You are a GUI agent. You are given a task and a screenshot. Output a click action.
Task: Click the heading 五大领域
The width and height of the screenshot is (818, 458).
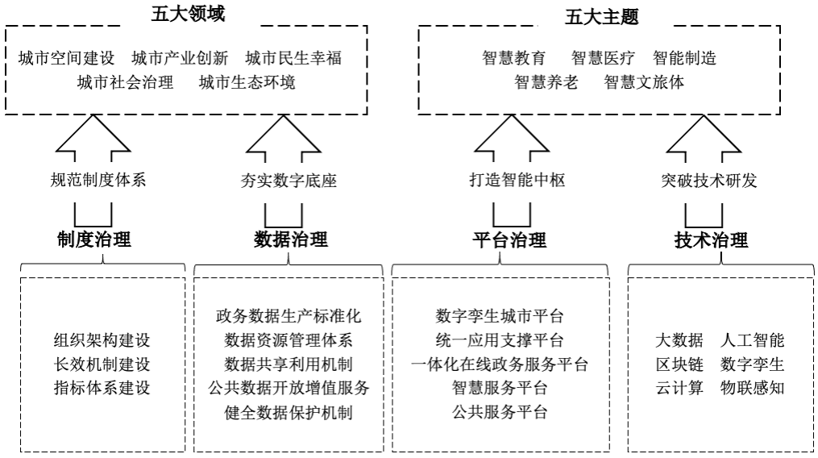coord(189,14)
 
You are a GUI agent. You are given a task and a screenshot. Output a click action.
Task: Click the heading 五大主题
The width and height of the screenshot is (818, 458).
coord(602,17)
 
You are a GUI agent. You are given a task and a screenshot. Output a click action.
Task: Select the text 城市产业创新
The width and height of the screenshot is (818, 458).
coord(180,58)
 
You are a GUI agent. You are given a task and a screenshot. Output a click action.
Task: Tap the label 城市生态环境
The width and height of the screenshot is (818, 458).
coord(247,82)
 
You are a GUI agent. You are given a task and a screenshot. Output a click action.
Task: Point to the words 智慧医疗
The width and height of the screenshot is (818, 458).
coord(603,58)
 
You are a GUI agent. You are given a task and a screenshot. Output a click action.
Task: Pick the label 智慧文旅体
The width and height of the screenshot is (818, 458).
coord(644,82)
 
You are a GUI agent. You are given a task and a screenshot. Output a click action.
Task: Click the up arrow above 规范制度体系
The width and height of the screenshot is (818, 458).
coord(93,138)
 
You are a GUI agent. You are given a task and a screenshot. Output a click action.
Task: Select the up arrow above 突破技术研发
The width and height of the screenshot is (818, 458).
coord(704,138)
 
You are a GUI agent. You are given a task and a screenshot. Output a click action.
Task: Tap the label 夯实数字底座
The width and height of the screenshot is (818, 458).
coord(289,181)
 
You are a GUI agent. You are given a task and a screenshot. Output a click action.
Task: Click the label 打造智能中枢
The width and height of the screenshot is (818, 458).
coord(517,180)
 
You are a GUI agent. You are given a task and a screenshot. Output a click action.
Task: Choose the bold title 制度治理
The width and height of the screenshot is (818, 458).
coord(94,239)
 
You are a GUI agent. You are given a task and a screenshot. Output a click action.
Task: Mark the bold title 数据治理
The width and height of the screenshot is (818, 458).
coord(291,239)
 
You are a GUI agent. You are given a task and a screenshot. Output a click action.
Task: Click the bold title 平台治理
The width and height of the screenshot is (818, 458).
coord(509,239)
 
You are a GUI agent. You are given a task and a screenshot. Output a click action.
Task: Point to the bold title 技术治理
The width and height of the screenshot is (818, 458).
coord(711,239)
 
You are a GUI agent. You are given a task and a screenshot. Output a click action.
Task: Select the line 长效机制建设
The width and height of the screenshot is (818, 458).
coord(102,364)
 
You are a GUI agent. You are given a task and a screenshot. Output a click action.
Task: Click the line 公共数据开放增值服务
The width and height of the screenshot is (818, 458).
coord(289,388)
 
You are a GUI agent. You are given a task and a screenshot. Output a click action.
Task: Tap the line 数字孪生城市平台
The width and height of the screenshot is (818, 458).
coord(499,316)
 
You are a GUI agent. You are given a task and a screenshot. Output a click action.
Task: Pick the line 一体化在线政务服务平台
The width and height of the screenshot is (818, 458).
coord(499,364)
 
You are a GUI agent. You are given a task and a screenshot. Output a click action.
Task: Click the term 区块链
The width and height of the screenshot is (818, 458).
coord(679,364)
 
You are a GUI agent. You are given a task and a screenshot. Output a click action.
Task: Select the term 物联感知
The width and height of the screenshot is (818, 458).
coord(752,388)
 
